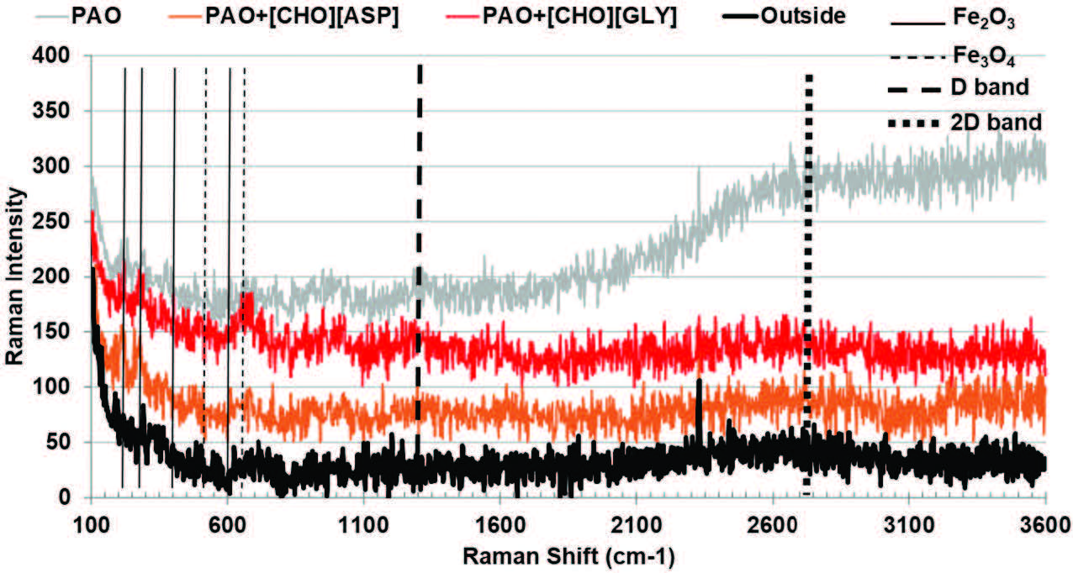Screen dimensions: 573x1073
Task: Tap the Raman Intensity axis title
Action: tap(15, 276)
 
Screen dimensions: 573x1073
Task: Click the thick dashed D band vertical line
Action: tap(419, 210)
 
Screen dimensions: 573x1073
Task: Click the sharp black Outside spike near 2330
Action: tap(699, 395)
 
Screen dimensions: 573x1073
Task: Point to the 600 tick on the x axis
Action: tap(227, 523)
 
